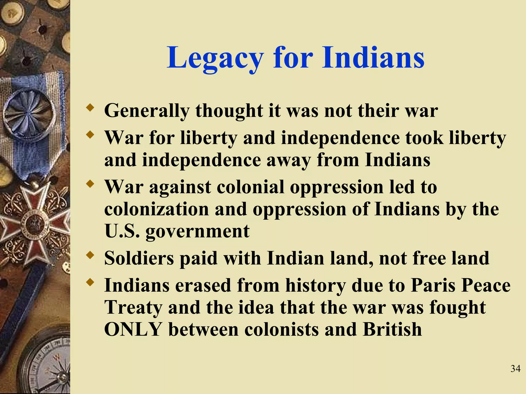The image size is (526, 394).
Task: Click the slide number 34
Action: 515,369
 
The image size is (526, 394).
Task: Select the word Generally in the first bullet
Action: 147,111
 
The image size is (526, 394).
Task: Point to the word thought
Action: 229,111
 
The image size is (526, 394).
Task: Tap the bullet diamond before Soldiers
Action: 90,255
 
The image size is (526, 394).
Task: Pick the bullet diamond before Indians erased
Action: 90,282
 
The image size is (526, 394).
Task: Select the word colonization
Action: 156,209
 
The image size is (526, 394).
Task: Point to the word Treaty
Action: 133,308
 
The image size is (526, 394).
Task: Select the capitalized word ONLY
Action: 133,329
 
